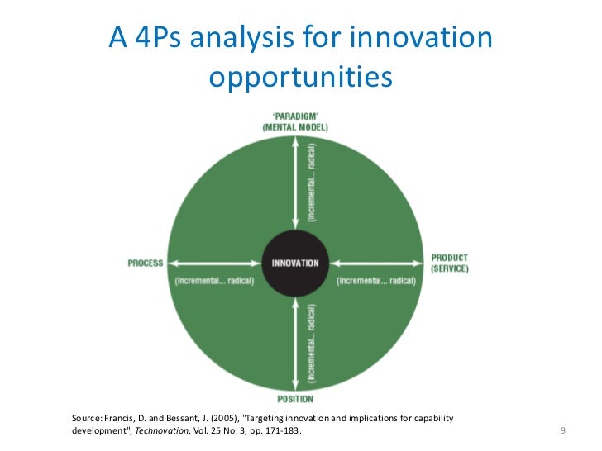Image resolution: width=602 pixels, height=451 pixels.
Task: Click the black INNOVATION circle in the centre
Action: click(x=295, y=263)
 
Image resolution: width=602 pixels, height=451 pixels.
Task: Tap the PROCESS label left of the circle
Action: click(x=146, y=263)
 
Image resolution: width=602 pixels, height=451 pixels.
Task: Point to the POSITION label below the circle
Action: click(x=295, y=399)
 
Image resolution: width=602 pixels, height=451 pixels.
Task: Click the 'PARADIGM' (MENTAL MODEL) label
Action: click(x=295, y=122)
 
